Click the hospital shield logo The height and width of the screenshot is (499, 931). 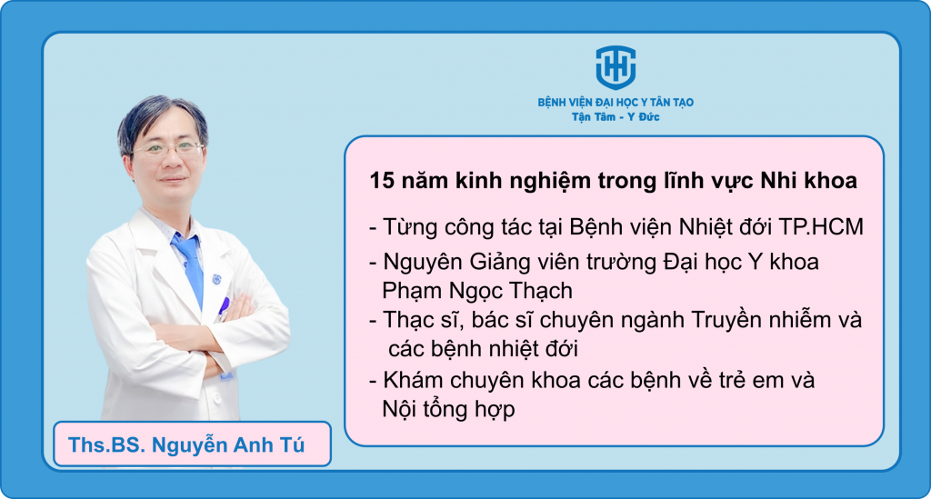(616, 67)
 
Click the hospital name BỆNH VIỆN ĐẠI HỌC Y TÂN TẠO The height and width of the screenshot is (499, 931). (616, 102)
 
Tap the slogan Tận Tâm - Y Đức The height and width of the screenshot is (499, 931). (616, 117)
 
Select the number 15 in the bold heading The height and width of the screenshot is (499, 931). (382, 181)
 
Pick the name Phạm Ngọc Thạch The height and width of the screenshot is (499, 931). (477, 291)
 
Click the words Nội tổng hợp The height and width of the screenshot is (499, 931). (448, 409)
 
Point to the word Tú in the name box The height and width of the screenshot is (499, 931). (292, 444)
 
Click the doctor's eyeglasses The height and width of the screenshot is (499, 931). (168, 148)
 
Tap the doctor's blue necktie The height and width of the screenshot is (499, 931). (190, 264)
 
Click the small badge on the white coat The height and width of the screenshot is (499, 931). (216, 278)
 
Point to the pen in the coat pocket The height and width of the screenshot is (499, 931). (224, 306)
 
